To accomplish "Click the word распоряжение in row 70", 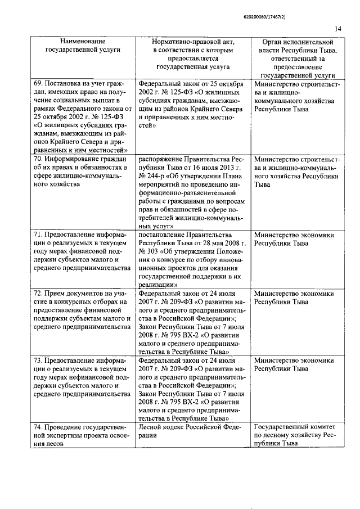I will pyautogui.click(x=161, y=160).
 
